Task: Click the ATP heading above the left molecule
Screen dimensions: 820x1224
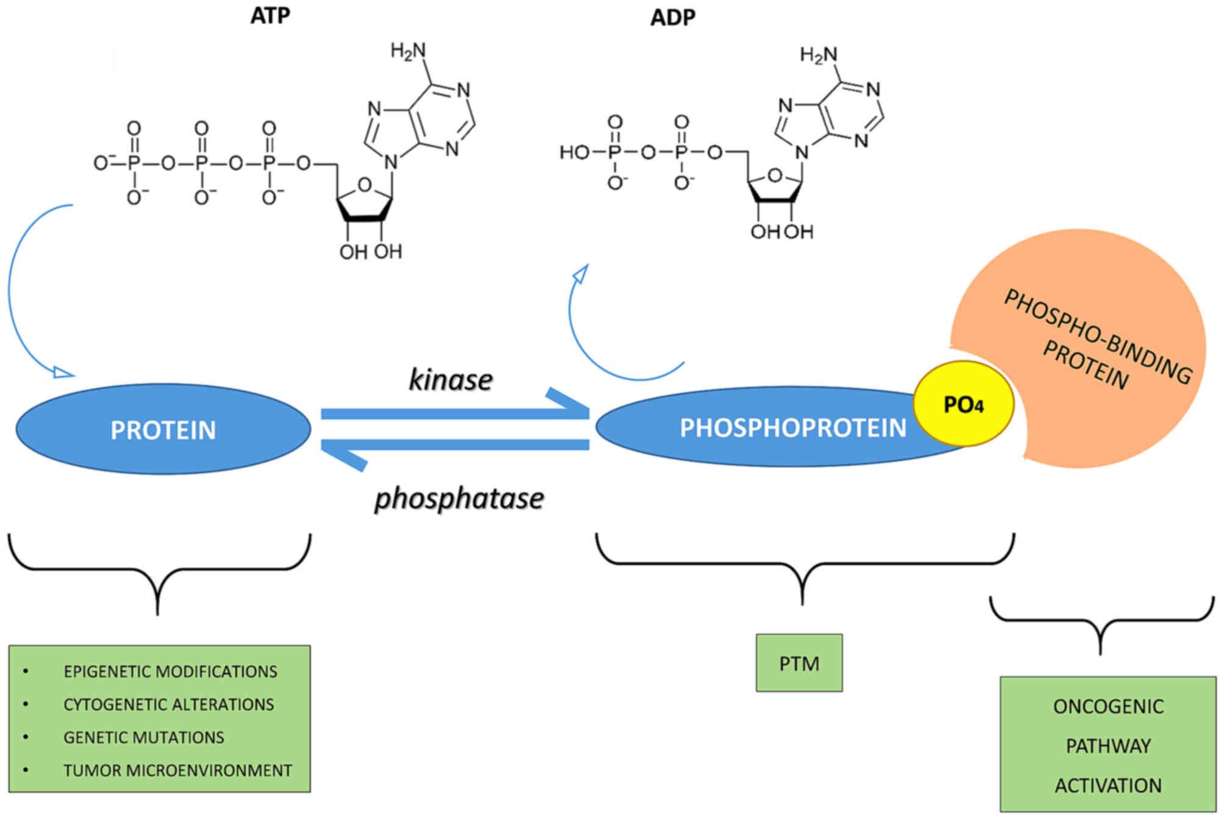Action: tap(270, 16)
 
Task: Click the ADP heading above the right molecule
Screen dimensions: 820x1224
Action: tap(672, 18)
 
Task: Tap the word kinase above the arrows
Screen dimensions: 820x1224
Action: tap(450, 380)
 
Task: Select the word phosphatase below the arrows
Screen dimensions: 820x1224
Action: tap(459, 499)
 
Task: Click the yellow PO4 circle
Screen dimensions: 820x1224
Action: tap(963, 404)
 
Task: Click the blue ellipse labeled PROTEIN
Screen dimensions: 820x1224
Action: tap(163, 430)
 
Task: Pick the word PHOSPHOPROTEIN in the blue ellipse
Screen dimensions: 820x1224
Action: tap(792, 428)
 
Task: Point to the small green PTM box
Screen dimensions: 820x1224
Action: tap(799, 663)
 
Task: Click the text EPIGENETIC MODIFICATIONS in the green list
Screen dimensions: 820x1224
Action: tap(170, 672)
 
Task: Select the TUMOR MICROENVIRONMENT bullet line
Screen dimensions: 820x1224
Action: tap(177, 771)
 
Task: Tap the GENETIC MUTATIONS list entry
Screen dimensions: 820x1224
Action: tap(144, 738)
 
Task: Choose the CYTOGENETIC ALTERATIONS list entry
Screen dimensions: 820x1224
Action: tap(168, 705)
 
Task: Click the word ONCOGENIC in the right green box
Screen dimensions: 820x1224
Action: tap(1108, 707)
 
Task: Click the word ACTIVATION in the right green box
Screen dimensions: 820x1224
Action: tap(1108, 786)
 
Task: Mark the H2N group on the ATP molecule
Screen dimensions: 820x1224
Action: tap(408, 51)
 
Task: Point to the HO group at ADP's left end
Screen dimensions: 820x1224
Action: tap(574, 152)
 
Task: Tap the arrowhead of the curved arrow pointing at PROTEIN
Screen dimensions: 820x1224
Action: tap(63, 372)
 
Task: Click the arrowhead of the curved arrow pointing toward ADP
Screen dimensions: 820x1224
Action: tap(582, 274)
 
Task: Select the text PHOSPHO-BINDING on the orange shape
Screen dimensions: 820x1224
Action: tap(1097, 336)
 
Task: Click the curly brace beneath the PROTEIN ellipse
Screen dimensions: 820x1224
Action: tap(158, 573)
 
